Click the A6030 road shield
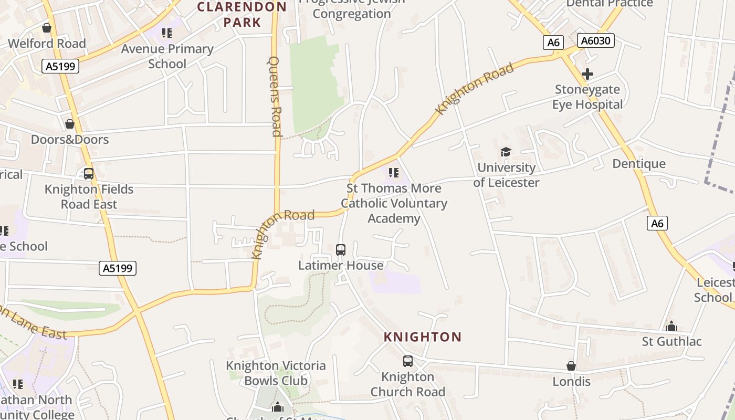[595, 40]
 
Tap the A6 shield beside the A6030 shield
[553, 43]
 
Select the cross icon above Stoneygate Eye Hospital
[587, 74]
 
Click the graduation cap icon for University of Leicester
[506, 152]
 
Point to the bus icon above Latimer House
[341, 250]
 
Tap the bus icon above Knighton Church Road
[408, 361]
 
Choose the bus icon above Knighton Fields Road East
[89, 174]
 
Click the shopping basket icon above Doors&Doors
[69, 124]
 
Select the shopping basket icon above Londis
[571, 366]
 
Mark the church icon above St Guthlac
[671, 326]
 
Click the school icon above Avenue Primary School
[167, 34]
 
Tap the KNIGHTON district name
[423, 337]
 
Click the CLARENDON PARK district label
[242, 15]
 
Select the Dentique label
[639, 164]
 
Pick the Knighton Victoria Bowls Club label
[276, 373]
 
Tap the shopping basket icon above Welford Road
[47, 28]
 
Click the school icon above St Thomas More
[394, 173]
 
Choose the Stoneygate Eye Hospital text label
[587, 97]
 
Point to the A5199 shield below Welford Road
[60, 66]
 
